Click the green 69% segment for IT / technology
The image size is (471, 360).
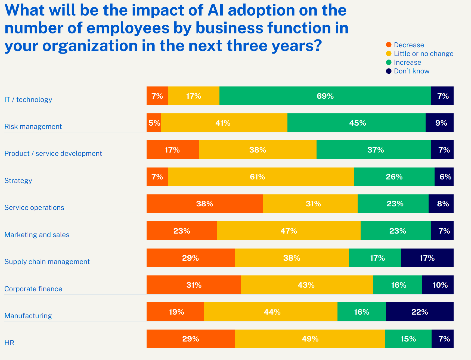(x=325, y=96)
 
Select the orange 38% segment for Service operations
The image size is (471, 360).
(x=204, y=204)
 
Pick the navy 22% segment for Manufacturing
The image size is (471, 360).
(x=420, y=312)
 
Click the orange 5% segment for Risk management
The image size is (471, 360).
(x=154, y=123)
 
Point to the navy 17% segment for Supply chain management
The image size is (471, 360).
(x=427, y=258)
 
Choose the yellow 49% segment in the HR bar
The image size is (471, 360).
(x=310, y=339)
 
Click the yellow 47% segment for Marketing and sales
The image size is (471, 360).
(x=289, y=231)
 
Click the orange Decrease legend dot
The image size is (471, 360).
(x=389, y=45)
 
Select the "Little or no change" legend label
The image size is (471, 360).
(x=423, y=54)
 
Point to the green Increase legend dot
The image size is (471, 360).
(x=389, y=62)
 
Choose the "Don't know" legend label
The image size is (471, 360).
(x=411, y=71)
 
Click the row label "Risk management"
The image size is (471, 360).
(x=33, y=126)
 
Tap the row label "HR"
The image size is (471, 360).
(x=9, y=343)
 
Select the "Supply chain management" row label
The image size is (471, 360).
(x=47, y=262)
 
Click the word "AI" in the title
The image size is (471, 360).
(x=215, y=10)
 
